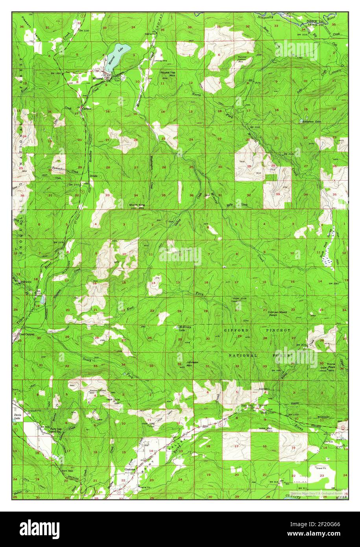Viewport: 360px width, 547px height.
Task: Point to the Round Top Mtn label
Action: (x=165, y=74)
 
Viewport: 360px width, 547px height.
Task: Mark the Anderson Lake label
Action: (x=312, y=122)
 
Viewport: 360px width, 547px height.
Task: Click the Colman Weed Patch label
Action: (x=279, y=313)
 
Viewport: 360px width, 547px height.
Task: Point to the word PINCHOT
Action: (x=281, y=330)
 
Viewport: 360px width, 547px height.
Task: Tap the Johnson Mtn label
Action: (x=192, y=364)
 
